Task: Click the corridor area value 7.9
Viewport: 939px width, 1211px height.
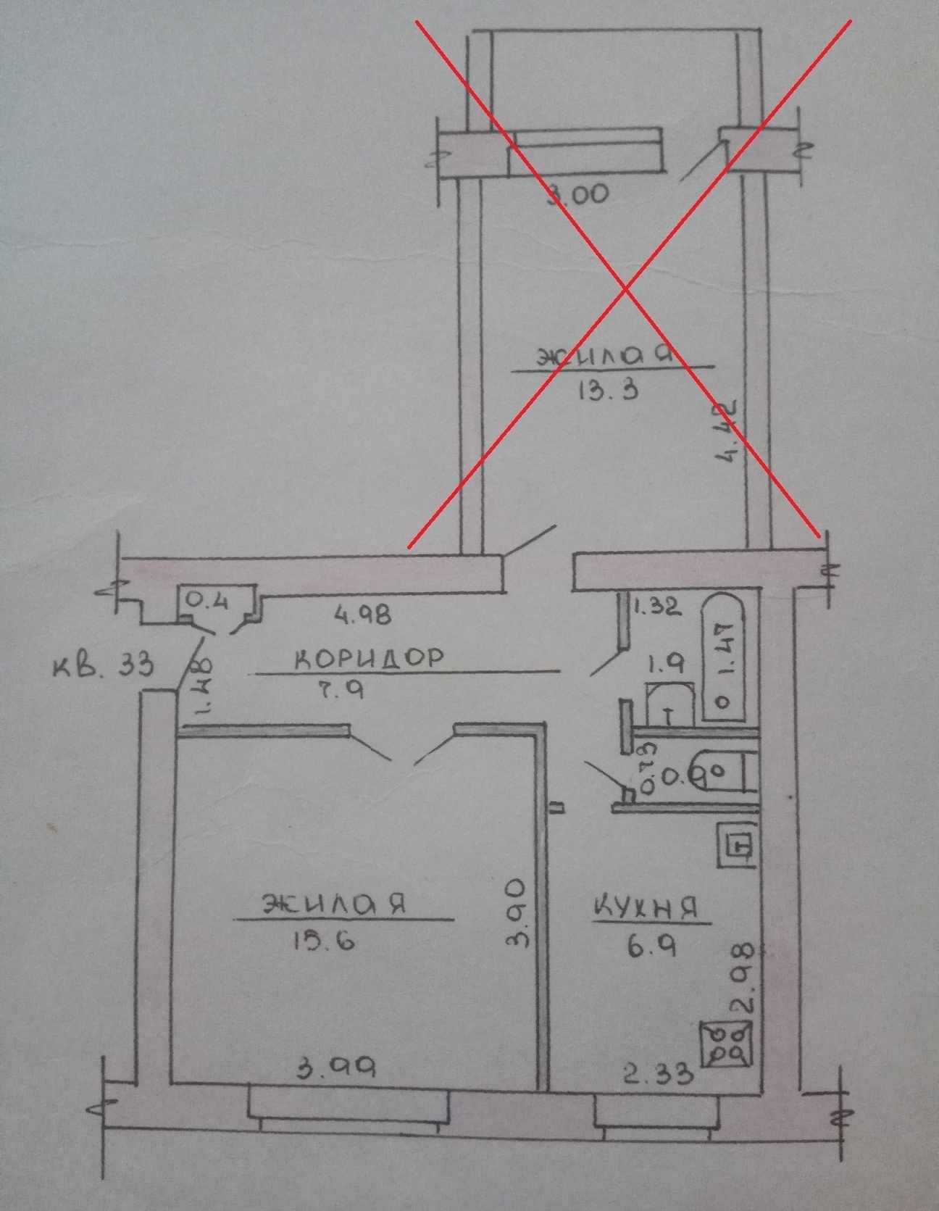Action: tap(336, 690)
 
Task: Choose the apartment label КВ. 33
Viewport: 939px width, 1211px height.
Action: tap(104, 665)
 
